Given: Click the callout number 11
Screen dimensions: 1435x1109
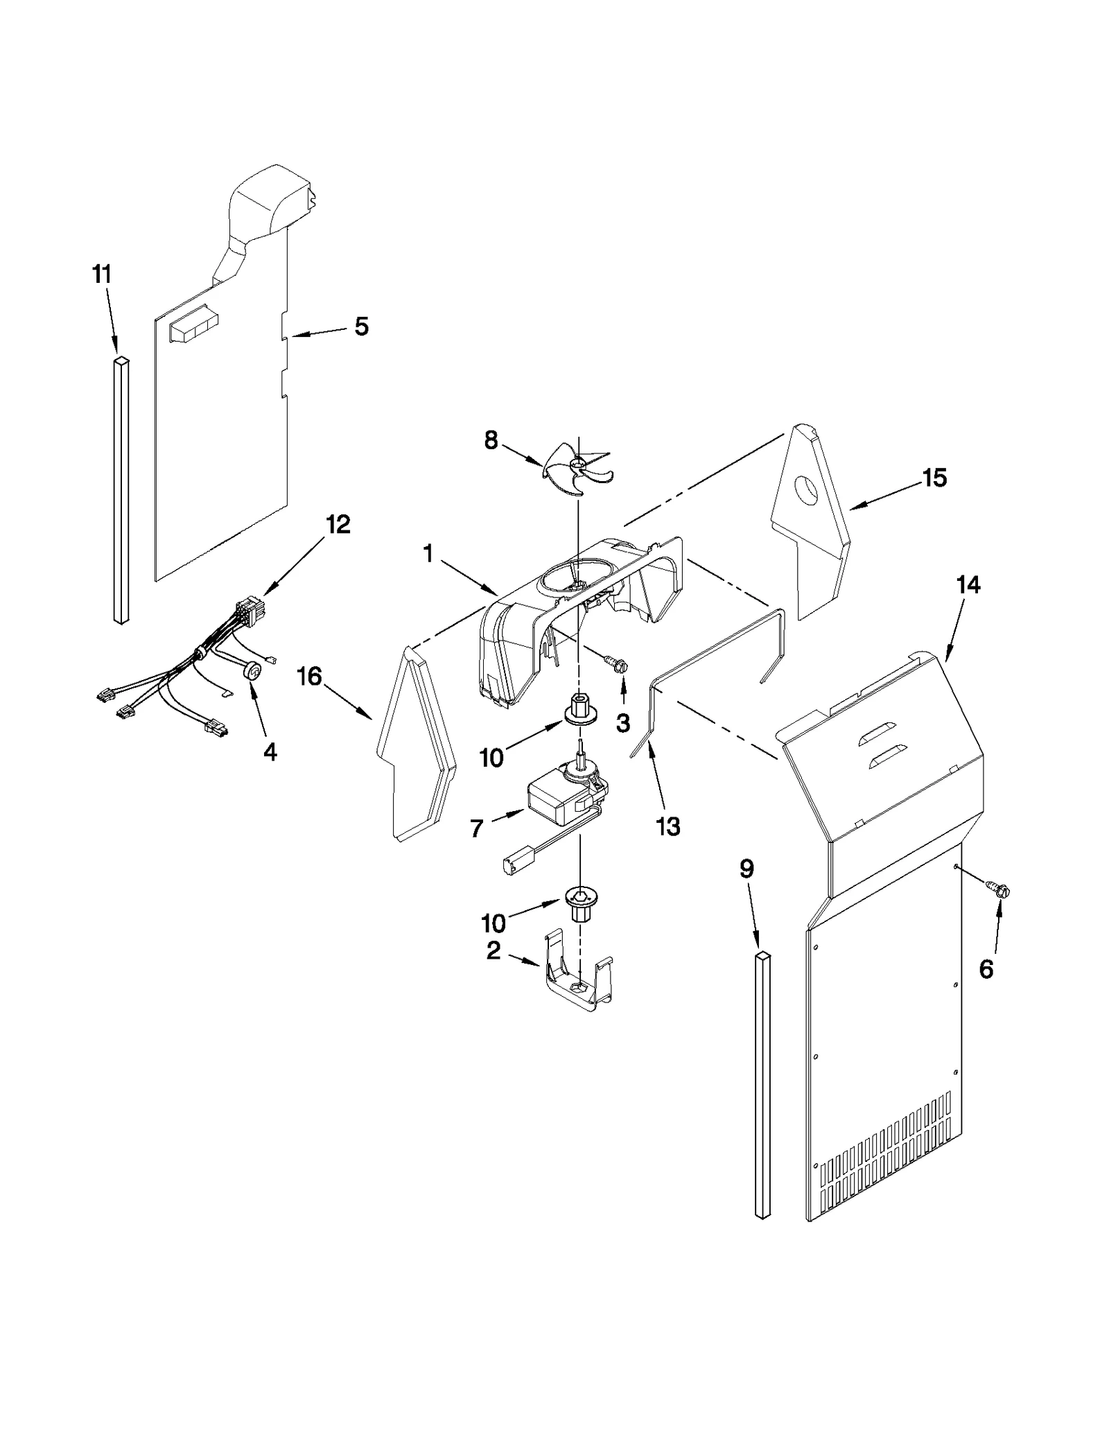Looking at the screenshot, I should pyautogui.click(x=102, y=275).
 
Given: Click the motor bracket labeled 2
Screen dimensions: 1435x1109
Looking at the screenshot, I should pyautogui.click(x=579, y=982).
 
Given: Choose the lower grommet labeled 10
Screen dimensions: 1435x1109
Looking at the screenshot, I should pyautogui.click(x=579, y=903).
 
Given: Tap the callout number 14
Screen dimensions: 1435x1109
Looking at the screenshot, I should pyautogui.click(x=968, y=585).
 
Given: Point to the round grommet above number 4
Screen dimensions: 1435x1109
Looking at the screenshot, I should pyautogui.click(x=254, y=671).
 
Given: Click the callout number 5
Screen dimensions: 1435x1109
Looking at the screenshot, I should pyautogui.click(x=361, y=327).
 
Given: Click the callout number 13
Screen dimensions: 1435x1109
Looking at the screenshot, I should pyautogui.click(x=668, y=826).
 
